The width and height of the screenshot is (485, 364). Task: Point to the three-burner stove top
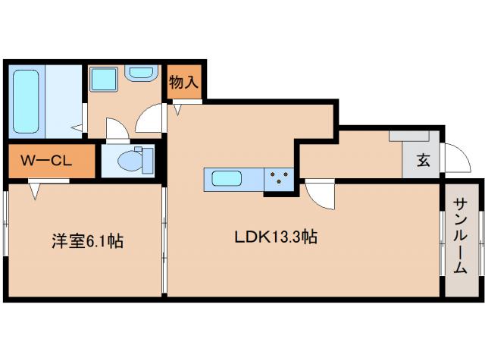pyautogui.click(x=280, y=180)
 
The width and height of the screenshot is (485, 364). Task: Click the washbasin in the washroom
pyautogui.click(x=140, y=74)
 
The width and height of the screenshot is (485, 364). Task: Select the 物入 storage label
pyautogui.click(x=183, y=80)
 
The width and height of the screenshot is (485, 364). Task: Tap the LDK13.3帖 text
pyautogui.click(x=274, y=238)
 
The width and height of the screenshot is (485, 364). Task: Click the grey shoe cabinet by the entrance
pyautogui.click(x=410, y=134)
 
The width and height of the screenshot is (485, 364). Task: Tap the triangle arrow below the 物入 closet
pyautogui.click(x=178, y=111)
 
